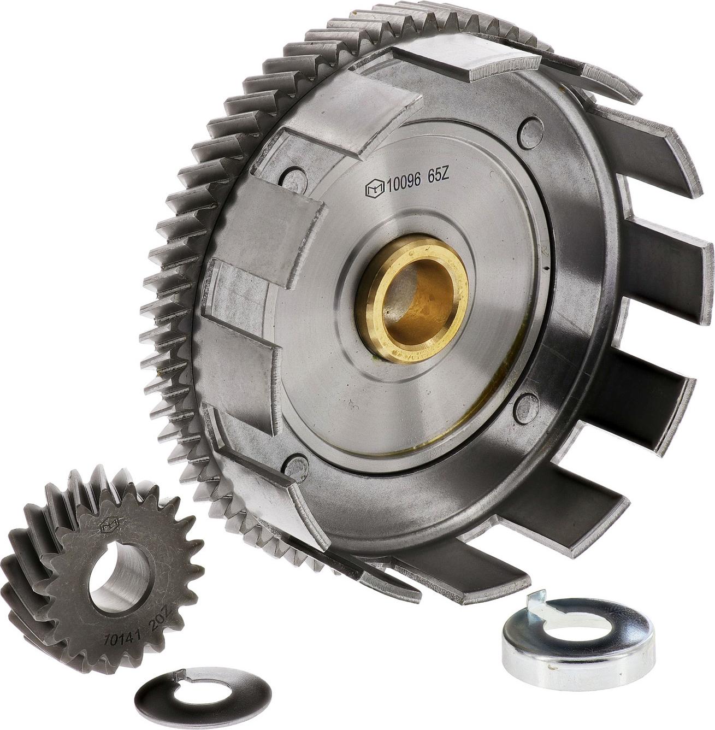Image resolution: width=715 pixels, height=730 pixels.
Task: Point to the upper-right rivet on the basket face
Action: (x=528, y=128)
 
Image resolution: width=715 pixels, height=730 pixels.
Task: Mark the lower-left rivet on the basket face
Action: (x=297, y=466)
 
